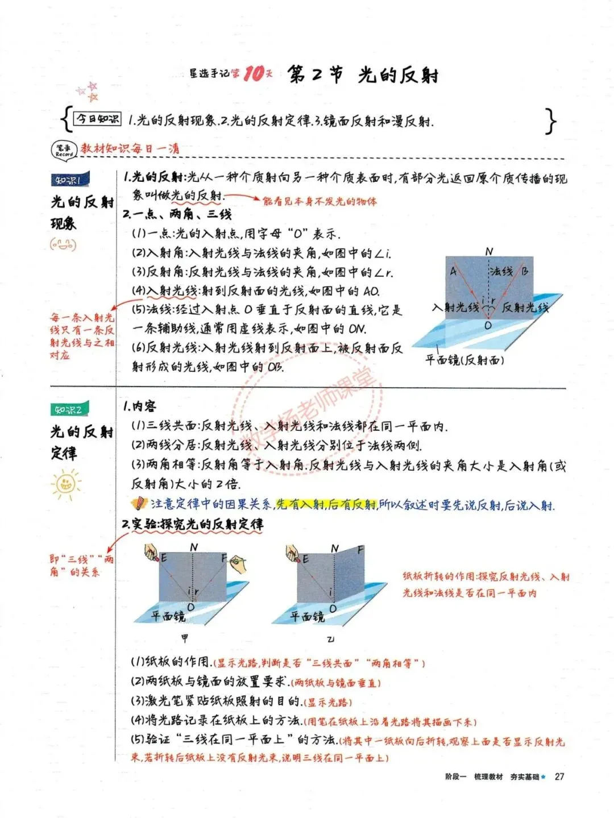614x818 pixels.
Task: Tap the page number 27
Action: [x=559, y=777]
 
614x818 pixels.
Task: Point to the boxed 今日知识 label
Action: [x=98, y=119]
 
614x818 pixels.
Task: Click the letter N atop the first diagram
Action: [x=489, y=251]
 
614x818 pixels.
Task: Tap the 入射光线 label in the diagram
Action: [x=455, y=308]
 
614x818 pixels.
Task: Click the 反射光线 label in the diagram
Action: [x=525, y=308]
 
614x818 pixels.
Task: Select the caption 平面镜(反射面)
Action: [x=464, y=359]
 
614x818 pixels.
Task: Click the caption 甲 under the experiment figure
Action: [x=184, y=638]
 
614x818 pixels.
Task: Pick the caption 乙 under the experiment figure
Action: [x=330, y=639]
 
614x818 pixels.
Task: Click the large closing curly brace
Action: [x=550, y=121]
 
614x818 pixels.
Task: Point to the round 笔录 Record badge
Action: [x=64, y=150]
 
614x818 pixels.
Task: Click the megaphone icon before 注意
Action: [x=138, y=503]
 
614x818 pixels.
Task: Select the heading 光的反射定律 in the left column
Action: [x=81, y=442]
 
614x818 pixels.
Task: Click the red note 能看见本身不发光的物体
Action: [x=319, y=201]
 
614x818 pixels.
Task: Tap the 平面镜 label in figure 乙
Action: [x=307, y=616]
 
